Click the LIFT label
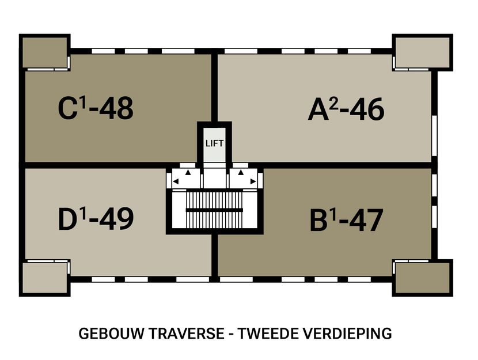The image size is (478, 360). [214, 143]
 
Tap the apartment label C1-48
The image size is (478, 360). [96, 108]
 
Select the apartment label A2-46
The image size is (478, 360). [346, 109]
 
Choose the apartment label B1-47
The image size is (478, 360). [346, 220]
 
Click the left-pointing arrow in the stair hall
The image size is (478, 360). [176, 181]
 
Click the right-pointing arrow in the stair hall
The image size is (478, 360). [253, 181]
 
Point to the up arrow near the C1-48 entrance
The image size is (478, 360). [187, 172]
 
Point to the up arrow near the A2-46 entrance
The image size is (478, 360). [241, 172]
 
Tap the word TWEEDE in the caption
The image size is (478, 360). [267, 334]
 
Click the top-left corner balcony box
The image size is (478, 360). [44, 54]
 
